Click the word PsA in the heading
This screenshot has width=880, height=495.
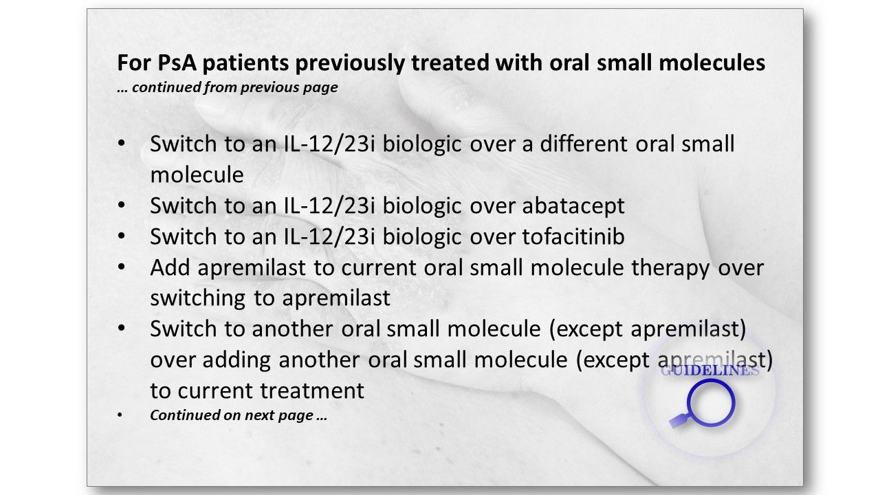[x=177, y=63]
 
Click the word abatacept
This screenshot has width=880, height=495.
[x=573, y=206]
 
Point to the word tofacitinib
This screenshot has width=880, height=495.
[x=573, y=236]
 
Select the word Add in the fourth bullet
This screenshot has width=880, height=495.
[x=169, y=267]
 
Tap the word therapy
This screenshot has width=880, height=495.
[x=670, y=268]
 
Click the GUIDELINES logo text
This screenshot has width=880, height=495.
[x=709, y=371]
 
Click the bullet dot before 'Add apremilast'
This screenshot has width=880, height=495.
[x=122, y=267]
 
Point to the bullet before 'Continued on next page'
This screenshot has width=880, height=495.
[x=120, y=415]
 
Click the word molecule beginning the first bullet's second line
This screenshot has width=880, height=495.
[x=197, y=175]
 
